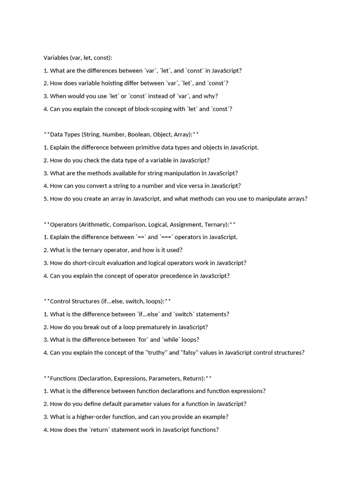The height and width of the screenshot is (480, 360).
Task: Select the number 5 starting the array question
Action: pyautogui.click(x=45, y=199)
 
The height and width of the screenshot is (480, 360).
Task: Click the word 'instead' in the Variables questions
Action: pyautogui.click(x=158, y=96)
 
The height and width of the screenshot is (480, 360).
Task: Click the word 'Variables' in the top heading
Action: pyautogui.click(x=56, y=58)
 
